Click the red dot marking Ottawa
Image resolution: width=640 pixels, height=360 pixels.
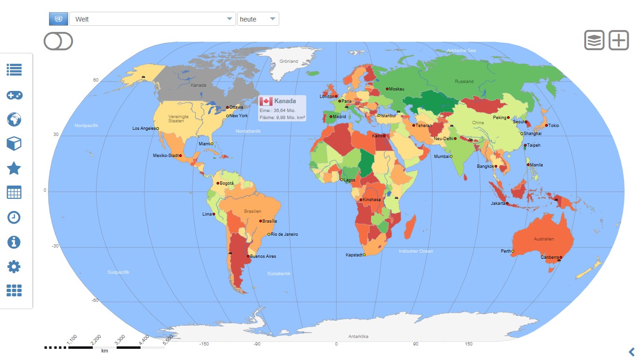coord(228,107)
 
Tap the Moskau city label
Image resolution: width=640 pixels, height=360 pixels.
coord(396,89)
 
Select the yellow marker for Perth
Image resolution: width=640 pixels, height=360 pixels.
coord(513,251)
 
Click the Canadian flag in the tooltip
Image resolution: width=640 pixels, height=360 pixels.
coord(266,101)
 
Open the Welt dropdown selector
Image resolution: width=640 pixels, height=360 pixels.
coord(152,19)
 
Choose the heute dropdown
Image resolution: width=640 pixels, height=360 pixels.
coord(258,19)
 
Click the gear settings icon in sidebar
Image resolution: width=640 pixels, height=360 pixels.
coord(14,267)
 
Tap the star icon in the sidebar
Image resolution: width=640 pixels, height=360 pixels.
coord(14,168)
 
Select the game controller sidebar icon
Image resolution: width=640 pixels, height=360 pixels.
coord(14,95)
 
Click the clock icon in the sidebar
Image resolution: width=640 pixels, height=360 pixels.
coord(14,217)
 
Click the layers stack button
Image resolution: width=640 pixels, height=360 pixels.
coord(594,40)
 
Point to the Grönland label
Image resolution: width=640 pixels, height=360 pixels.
coord(289,61)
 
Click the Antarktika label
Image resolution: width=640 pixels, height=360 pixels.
coord(358,337)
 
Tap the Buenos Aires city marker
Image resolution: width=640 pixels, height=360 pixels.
coord(248,256)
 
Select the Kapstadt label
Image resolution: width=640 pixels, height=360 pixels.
coord(354,255)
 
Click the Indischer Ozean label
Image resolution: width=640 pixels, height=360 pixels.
coord(416,251)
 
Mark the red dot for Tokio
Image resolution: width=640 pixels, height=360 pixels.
coord(546,125)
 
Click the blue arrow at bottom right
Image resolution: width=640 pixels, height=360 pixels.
coord(632,352)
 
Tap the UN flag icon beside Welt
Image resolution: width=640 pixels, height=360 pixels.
coord(59,19)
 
